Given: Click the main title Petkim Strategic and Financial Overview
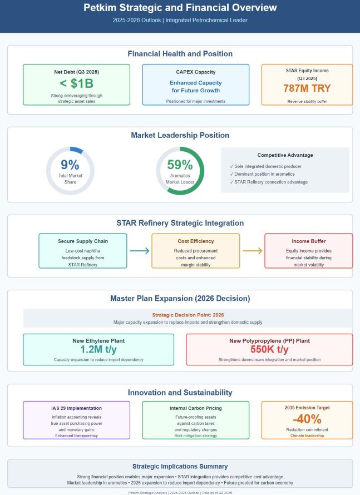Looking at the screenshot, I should coord(180,8).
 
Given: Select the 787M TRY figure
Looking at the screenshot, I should coord(307,88).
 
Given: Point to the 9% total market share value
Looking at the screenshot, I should coord(70,165).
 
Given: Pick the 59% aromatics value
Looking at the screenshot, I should coord(180,165).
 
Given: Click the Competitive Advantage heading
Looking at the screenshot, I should coord(285,155).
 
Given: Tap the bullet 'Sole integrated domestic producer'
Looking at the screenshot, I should coord(268,166).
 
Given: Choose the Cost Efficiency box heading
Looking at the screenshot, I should coord(195,241).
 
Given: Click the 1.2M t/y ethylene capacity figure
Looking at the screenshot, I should coord(98,349).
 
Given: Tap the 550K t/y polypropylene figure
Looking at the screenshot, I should coord(269,349).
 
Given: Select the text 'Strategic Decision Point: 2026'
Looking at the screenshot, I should coord(188,315).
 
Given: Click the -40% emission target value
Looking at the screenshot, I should coord(307,419).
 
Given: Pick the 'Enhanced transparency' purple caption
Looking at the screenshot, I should coord(76,435).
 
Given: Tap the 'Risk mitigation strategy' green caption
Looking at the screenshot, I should coord(195,435).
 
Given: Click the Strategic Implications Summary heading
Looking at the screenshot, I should coord(180,466).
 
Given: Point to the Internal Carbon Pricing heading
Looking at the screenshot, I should coord(195,408).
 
